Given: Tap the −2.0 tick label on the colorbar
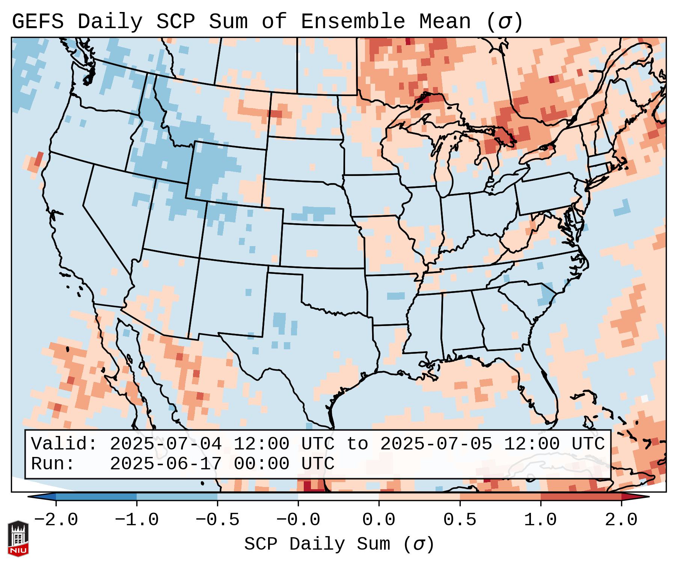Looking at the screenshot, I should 56,520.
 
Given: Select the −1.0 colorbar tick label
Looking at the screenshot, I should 137,520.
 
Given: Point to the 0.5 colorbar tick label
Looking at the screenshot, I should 460,520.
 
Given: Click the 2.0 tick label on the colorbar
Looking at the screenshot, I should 621,520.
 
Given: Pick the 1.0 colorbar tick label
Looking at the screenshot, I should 540,520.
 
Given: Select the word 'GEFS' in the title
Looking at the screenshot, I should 38,22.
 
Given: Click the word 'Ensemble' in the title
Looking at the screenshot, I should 353,22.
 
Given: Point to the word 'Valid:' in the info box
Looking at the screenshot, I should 64,444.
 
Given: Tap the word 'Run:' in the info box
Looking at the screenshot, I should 53,464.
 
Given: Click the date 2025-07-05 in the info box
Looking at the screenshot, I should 436,444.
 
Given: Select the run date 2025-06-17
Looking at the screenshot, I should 166,464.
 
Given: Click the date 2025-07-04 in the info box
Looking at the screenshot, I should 166,444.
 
